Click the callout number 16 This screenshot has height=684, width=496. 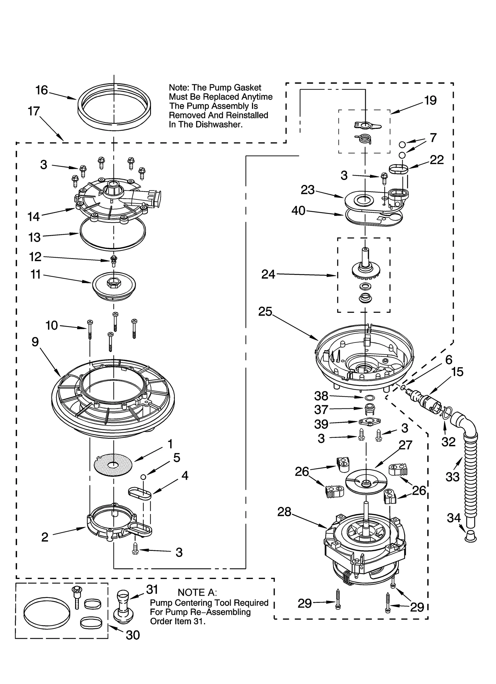[x=42, y=90]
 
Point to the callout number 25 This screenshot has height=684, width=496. [x=265, y=312]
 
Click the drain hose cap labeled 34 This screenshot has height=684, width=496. [x=471, y=535]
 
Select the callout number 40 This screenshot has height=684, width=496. [x=298, y=211]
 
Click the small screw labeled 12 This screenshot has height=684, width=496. [x=113, y=261]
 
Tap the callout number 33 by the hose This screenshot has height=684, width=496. [x=452, y=477]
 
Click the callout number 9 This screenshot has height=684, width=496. [x=35, y=342]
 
